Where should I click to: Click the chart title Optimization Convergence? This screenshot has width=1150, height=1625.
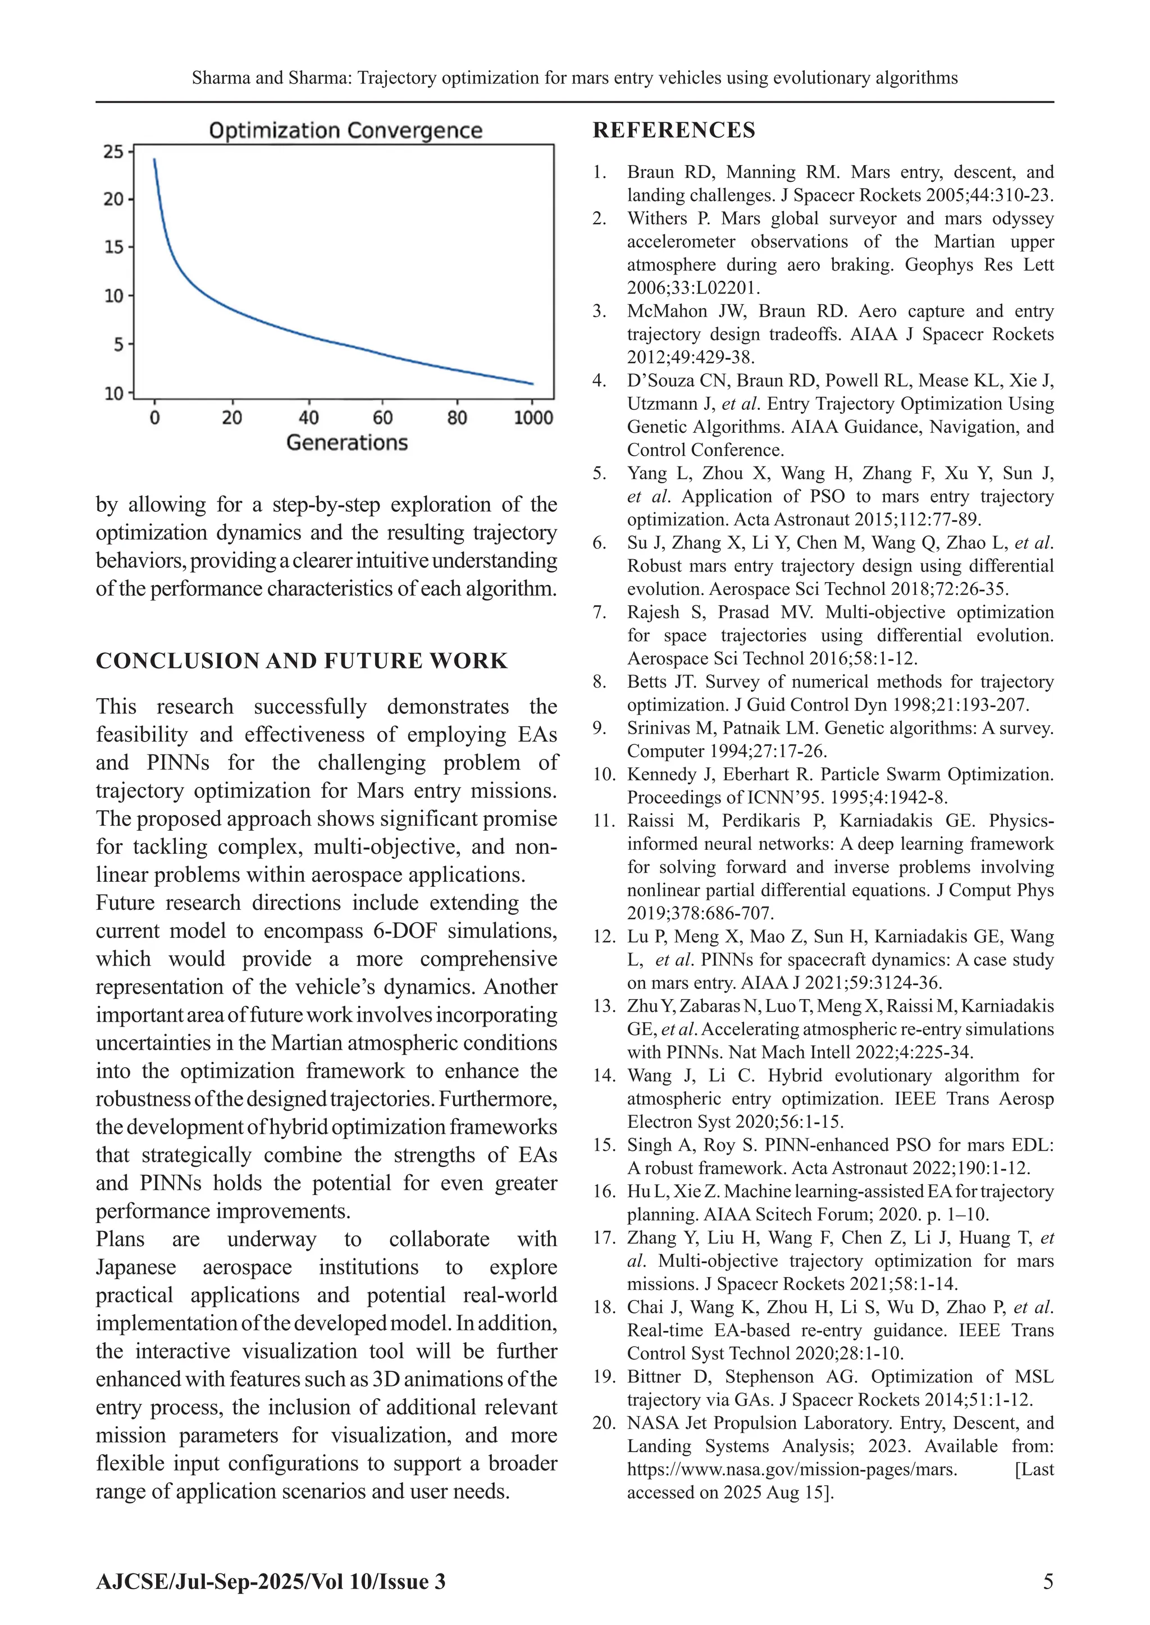345,130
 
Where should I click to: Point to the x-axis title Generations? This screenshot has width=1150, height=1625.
347,442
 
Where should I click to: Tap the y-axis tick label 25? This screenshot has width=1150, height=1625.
113,152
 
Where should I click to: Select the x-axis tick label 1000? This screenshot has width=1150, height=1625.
532,418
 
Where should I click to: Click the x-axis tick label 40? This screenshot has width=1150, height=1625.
308,418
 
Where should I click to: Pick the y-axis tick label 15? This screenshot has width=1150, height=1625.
113,247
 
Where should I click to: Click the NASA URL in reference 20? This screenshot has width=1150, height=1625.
792,1470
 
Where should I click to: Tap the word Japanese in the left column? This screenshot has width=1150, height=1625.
136,1267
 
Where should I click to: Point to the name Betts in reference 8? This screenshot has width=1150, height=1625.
646,681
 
